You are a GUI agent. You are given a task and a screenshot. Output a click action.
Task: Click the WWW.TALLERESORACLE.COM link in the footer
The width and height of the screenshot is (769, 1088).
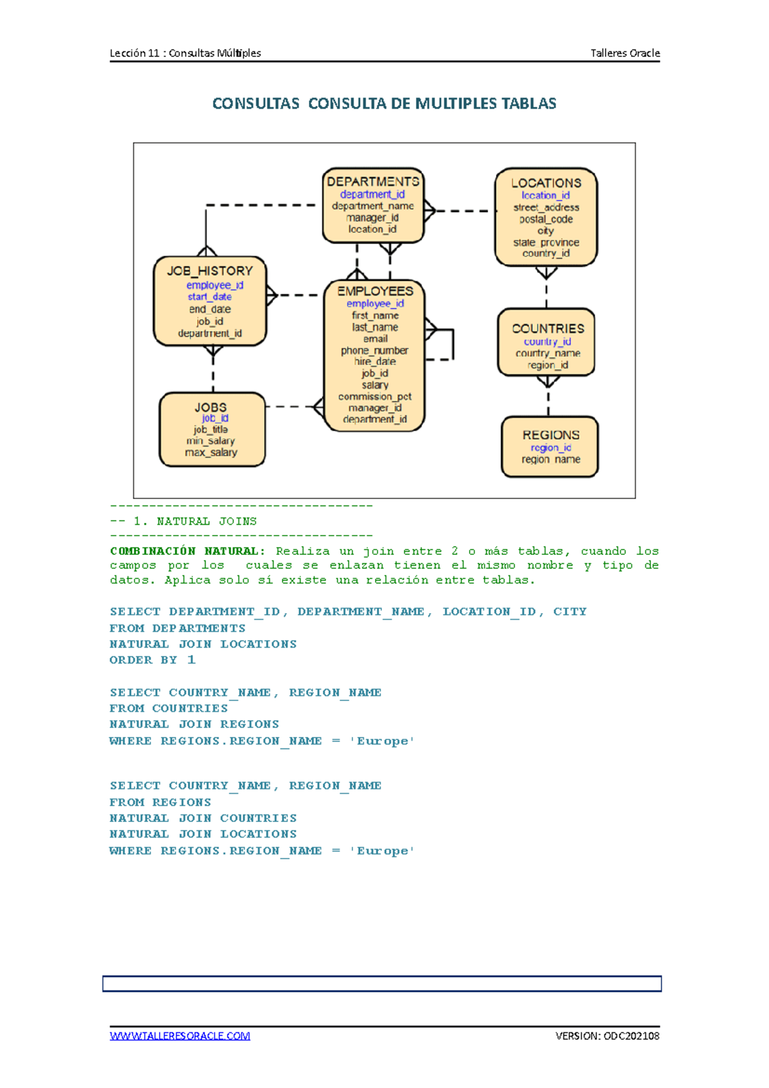[x=180, y=1035]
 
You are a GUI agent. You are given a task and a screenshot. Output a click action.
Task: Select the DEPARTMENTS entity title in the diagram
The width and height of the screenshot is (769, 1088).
[x=373, y=182]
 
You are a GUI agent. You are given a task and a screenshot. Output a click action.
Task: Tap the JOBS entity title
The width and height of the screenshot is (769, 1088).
[x=211, y=408]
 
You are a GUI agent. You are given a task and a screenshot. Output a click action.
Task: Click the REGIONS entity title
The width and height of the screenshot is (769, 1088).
[x=551, y=435]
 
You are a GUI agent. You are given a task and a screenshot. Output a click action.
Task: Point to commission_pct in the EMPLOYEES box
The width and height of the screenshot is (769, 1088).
[x=375, y=397]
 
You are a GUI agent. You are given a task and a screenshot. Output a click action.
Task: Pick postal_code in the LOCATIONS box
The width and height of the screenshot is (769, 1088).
[x=546, y=219]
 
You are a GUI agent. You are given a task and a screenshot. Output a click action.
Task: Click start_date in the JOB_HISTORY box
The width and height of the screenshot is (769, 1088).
[x=210, y=297]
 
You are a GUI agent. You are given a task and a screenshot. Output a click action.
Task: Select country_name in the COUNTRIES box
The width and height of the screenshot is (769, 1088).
[x=548, y=353]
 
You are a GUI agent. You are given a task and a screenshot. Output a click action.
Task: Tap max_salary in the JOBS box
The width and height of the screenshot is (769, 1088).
[x=211, y=452]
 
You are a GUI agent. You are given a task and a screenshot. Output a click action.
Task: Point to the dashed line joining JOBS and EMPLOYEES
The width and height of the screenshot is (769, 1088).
[x=288, y=406]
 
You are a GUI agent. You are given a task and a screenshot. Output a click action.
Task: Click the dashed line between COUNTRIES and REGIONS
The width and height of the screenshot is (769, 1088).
[x=549, y=400]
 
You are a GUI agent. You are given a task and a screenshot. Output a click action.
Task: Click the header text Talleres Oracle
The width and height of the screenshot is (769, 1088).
[x=625, y=53]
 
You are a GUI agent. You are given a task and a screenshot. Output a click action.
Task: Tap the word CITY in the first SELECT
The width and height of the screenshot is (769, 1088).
[x=570, y=611]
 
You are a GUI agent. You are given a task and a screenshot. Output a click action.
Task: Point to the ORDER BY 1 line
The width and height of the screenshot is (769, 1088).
[x=153, y=660]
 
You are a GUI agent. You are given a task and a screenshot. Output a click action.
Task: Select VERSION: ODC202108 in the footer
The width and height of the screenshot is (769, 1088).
[x=607, y=1035]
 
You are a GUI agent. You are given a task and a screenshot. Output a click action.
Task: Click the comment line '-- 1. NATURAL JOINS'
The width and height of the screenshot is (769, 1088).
[x=183, y=522]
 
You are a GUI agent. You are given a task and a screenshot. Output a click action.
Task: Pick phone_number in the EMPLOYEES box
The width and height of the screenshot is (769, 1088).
[x=374, y=350]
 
